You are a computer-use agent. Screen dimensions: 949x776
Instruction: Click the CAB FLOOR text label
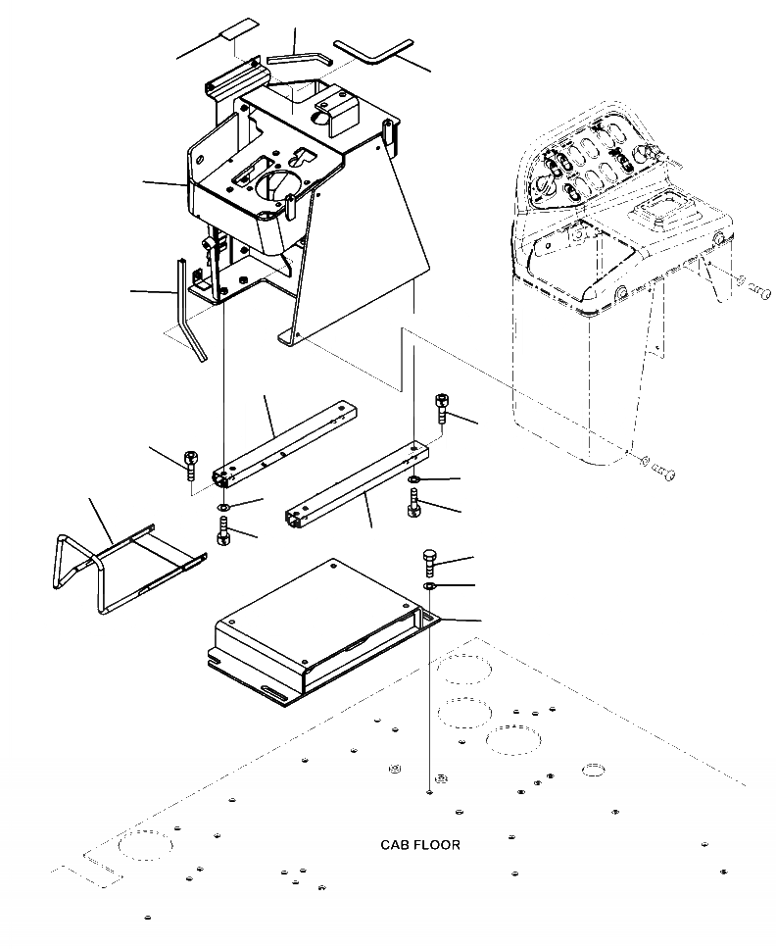click(420, 844)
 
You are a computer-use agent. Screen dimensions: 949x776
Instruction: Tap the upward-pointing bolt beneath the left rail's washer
click(222, 533)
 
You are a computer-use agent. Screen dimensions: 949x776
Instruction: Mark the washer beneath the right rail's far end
click(415, 479)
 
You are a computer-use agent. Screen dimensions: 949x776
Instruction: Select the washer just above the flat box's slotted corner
click(430, 586)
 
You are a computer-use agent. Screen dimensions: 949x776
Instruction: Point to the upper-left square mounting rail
click(283, 441)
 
